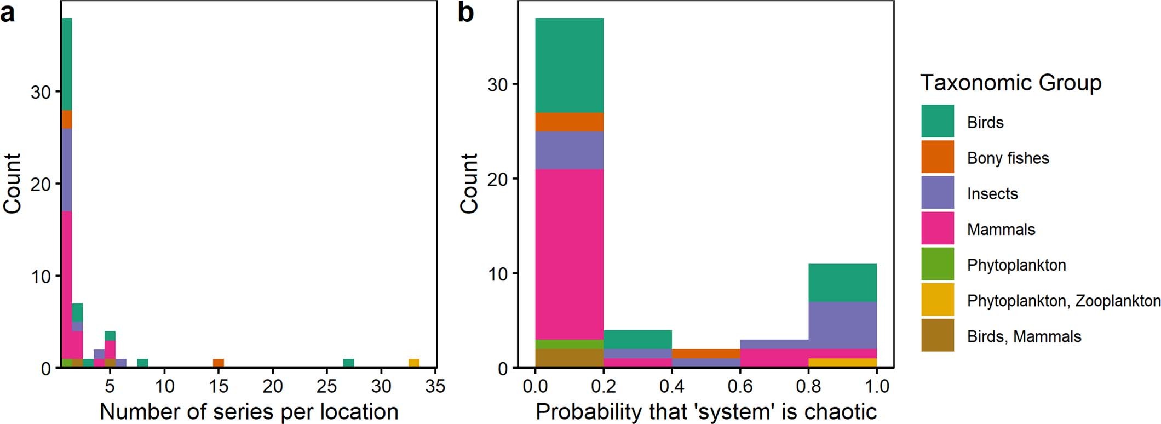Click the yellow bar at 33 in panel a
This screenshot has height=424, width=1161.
pyautogui.click(x=414, y=363)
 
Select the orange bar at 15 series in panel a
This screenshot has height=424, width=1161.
pyautogui.click(x=219, y=363)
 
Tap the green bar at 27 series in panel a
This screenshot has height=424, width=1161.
pyautogui.click(x=348, y=363)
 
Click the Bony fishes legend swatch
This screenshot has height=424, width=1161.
pyautogui.click(x=937, y=157)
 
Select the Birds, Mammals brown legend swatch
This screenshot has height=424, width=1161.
pyautogui.click(x=937, y=335)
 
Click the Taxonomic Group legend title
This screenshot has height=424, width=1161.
pyautogui.click(x=1010, y=83)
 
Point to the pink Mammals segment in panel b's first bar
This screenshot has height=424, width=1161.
pyautogui.click(x=569, y=255)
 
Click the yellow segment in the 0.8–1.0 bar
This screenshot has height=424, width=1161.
pyautogui.click(x=842, y=363)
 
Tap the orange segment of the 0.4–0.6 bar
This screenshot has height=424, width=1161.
pyautogui.click(x=706, y=354)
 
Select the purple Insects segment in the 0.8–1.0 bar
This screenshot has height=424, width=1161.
pyautogui.click(x=842, y=325)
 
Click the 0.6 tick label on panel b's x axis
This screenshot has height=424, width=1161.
pyautogui.click(x=740, y=386)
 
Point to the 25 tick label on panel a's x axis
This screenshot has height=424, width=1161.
pyautogui.click(x=327, y=386)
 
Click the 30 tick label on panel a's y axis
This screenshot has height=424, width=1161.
pyautogui.click(x=41, y=92)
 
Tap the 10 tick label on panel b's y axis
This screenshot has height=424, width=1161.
pyautogui.click(x=497, y=274)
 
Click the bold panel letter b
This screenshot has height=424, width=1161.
pyautogui.click(x=465, y=13)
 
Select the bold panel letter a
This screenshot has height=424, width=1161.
pyautogui.click(x=8, y=13)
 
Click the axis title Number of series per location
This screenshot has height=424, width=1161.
pyautogui.click(x=249, y=411)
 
